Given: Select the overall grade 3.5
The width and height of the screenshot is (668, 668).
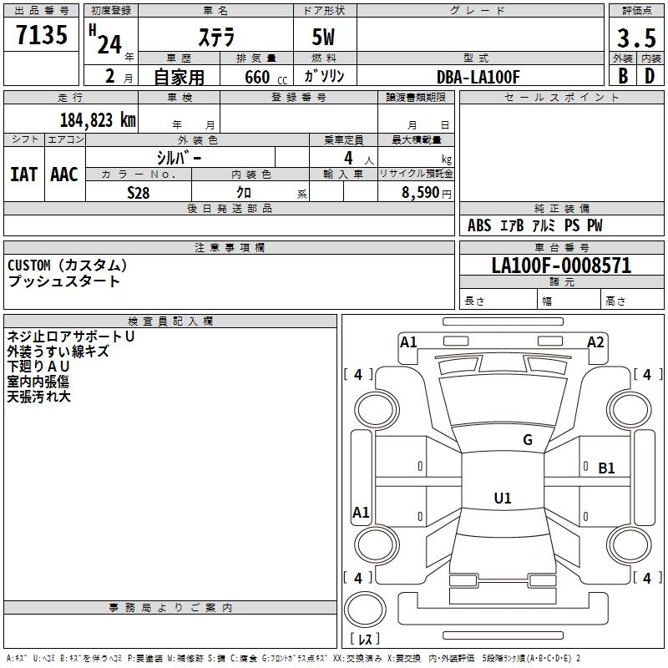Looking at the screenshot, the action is click(x=636, y=38).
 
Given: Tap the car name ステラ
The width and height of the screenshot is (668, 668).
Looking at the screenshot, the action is click(x=216, y=38).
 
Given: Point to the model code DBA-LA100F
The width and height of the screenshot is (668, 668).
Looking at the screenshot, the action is click(x=478, y=77).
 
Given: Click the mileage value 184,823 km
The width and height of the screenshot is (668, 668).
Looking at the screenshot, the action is click(x=98, y=119).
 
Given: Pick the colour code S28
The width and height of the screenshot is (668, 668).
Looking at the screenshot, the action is click(x=138, y=192).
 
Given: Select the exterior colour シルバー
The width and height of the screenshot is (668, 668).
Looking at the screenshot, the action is click(x=180, y=157).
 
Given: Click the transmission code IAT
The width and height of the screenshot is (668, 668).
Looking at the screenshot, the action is click(x=23, y=175).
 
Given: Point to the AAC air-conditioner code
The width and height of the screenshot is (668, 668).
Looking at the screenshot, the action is click(x=63, y=175).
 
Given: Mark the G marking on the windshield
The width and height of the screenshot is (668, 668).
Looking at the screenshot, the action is click(x=527, y=440).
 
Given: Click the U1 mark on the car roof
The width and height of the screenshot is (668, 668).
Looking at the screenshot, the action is click(x=503, y=498).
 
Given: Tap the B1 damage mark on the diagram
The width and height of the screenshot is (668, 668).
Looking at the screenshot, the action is click(x=606, y=468).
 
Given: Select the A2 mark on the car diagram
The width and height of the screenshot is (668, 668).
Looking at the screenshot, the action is click(x=595, y=342).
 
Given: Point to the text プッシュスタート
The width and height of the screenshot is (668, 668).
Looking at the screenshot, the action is click(x=63, y=281).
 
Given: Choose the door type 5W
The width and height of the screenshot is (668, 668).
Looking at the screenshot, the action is click(x=325, y=38).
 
